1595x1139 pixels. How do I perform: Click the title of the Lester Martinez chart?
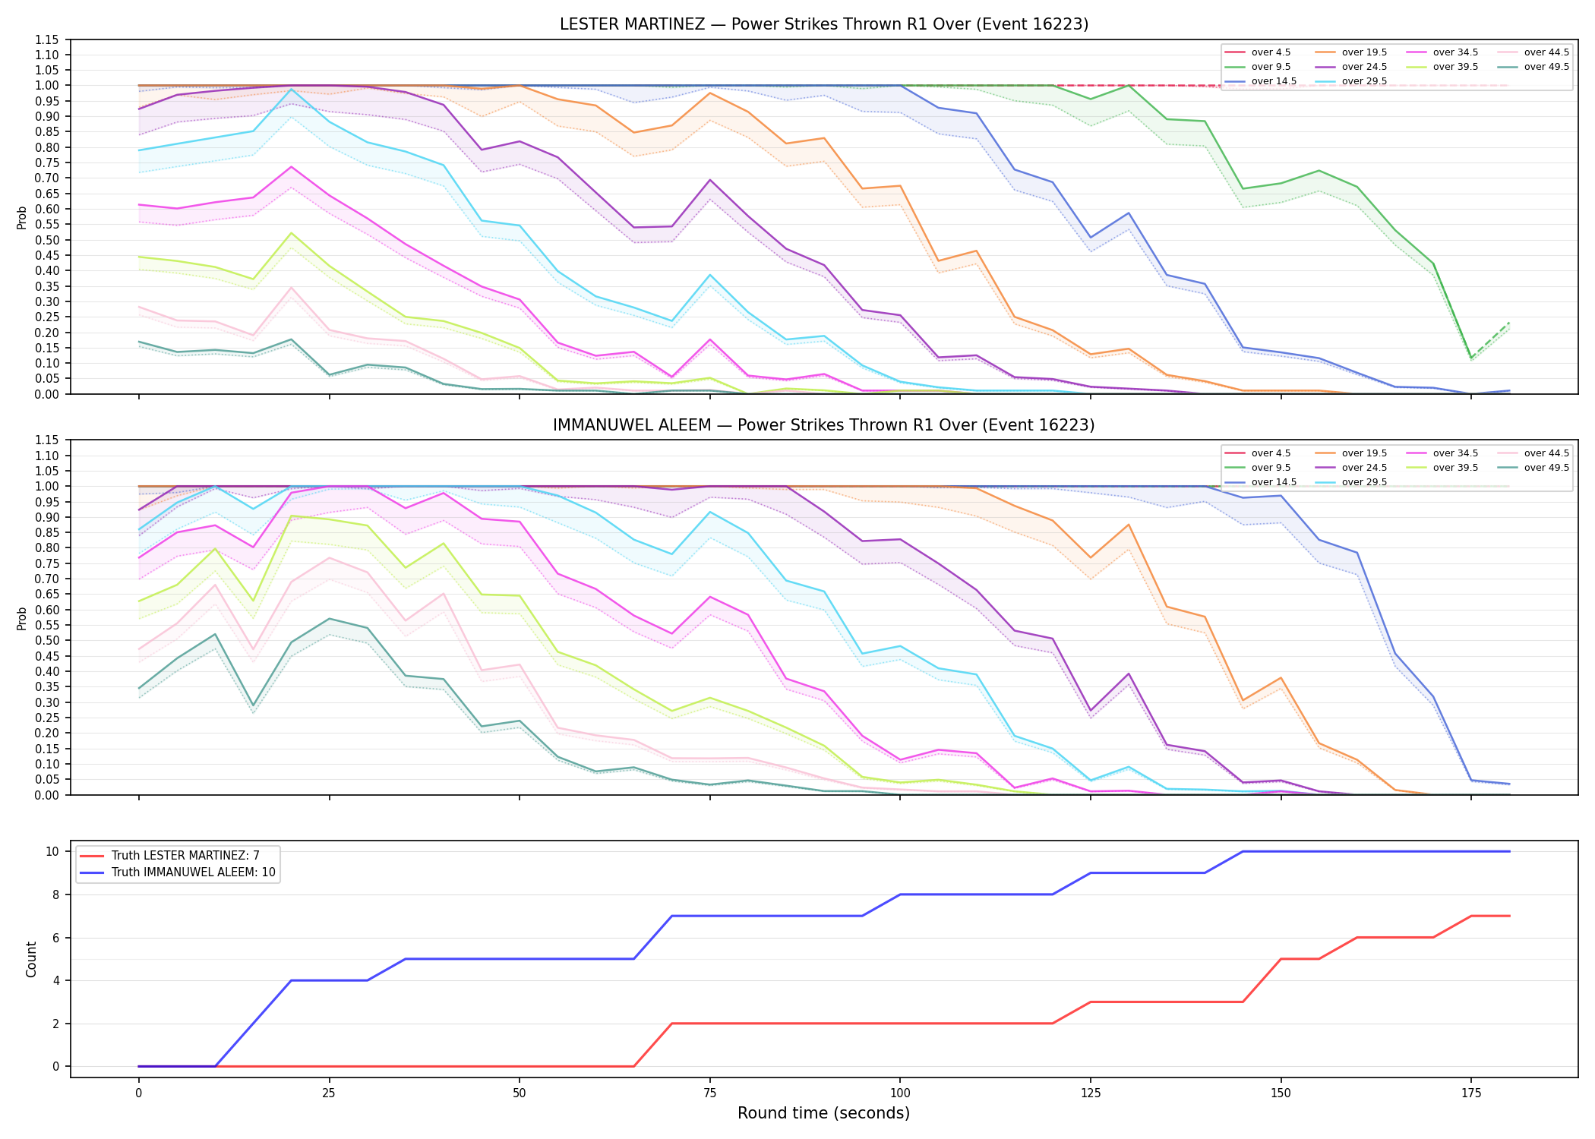(x=824, y=24)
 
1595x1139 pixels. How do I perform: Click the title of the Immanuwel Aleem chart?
(x=824, y=425)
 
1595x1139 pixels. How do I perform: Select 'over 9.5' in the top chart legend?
(x=1271, y=67)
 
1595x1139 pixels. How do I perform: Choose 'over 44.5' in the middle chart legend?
(x=1546, y=453)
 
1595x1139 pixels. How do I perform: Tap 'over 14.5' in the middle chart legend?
(x=1274, y=482)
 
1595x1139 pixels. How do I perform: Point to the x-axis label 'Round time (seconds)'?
(x=824, y=1113)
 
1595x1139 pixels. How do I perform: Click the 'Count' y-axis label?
(x=31, y=959)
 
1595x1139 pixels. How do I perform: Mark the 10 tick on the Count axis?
(x=52, y=851)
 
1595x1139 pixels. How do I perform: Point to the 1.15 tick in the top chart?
(x=47, y=39)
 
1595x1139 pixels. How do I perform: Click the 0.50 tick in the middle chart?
(x=47, y=640)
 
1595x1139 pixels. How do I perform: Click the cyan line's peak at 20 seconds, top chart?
(x=291, y=89)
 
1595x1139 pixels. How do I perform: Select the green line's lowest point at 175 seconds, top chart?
(x=1471, y=358)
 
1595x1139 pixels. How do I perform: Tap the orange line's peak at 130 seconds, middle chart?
(x=1129, y=524)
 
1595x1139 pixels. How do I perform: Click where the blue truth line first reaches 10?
(x=1243, y=851)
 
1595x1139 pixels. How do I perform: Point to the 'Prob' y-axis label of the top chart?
(x=22, y=217)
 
